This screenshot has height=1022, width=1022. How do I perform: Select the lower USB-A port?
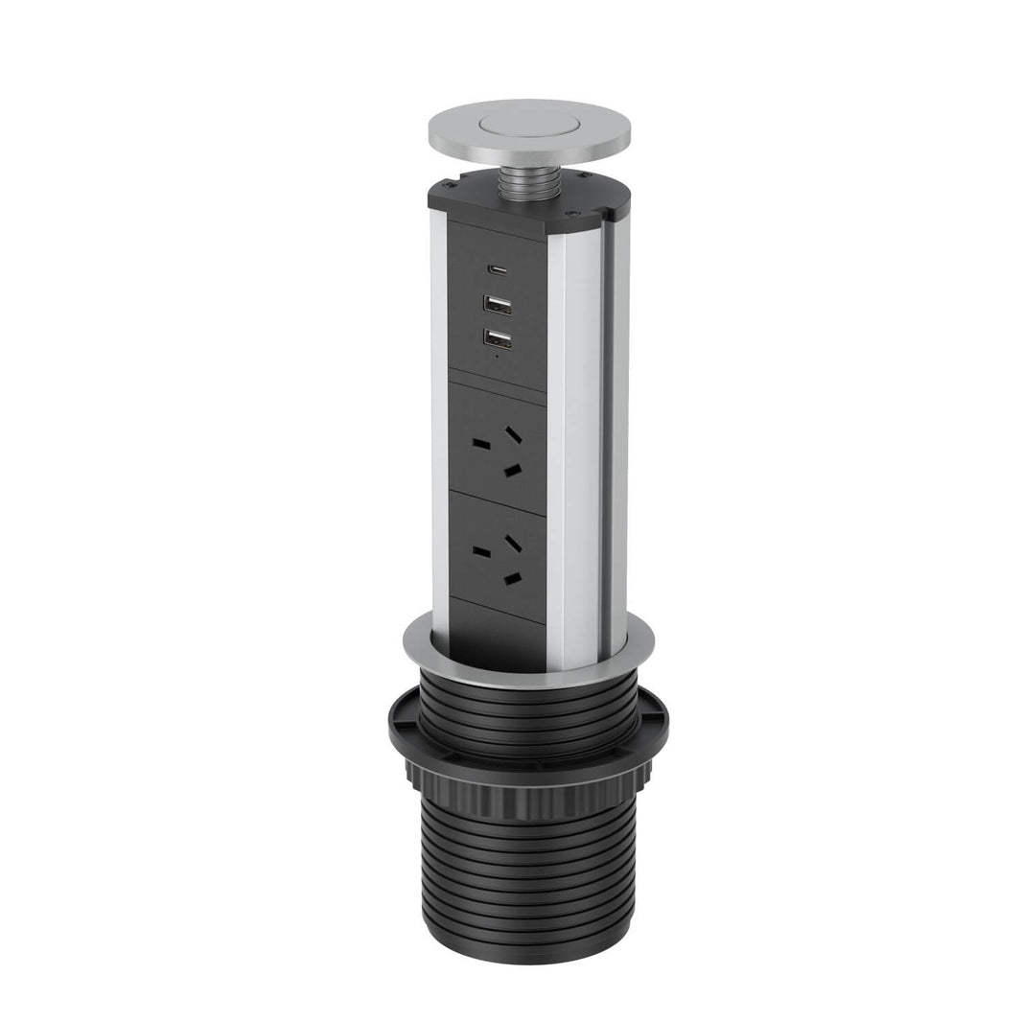tap(498, 339)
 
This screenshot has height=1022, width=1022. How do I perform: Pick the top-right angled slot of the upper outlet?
tap(514, 434)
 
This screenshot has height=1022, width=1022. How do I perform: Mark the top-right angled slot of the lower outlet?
tap(514, 543)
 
